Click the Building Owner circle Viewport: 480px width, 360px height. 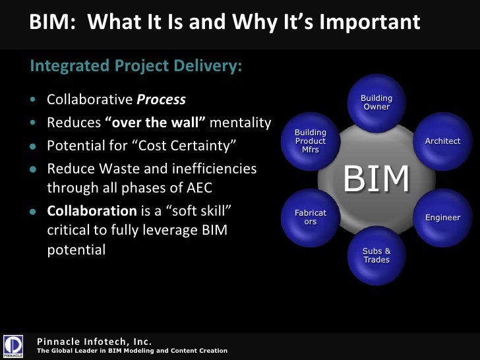376,104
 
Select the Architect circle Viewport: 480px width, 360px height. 442,141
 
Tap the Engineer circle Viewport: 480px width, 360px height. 442,218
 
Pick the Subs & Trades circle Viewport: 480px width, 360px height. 376,255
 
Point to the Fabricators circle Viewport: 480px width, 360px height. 311,218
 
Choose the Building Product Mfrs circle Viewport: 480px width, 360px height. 311,141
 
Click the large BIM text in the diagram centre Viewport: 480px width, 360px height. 376,179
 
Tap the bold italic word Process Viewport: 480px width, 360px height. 161,100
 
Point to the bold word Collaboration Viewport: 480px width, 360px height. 92,212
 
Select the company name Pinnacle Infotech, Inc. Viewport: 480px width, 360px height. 95,341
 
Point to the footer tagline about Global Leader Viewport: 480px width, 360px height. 132,351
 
